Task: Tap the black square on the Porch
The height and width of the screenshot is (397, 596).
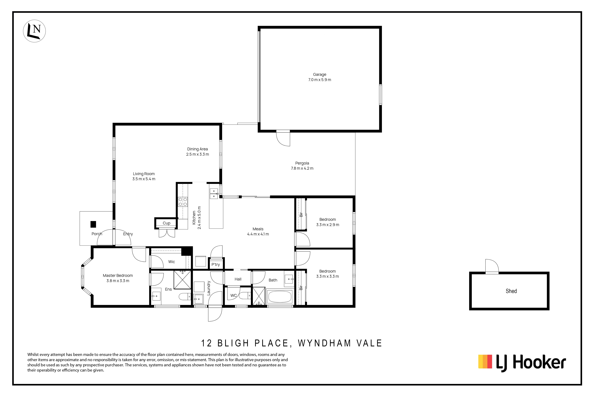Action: pyautogui.click(x=93, y=224)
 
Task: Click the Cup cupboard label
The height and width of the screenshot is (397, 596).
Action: pyautogui.click(x=166, y=223)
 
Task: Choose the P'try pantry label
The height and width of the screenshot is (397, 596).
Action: pyautogui.click(x=216, y=265)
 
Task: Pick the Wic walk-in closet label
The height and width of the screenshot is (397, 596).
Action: pyautogui.click(x=172, y=262)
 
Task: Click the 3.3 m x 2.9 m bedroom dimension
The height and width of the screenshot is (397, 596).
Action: pyautogui.click(x=328, y=225)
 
